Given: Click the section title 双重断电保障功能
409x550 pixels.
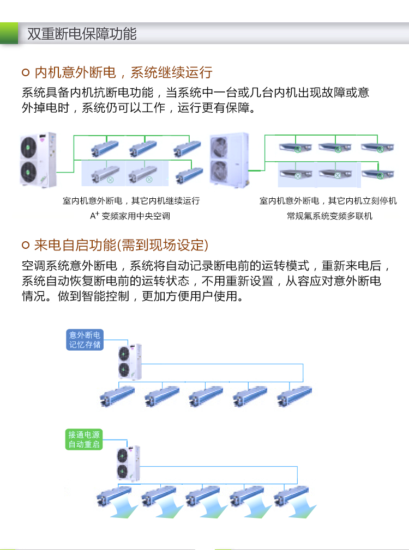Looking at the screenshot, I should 82,34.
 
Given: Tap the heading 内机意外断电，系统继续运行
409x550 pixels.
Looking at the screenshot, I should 123,72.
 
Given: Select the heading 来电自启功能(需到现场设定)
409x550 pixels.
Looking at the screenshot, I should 121,245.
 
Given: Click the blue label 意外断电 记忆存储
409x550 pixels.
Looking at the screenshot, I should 85,339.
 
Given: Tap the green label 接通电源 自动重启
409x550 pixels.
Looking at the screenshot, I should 84,439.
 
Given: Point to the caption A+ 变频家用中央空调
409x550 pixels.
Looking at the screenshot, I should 130,216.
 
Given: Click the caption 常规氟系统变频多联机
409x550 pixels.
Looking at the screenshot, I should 329,216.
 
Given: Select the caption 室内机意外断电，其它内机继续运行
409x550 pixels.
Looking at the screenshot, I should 131,201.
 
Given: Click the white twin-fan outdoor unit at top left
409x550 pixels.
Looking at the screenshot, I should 38,160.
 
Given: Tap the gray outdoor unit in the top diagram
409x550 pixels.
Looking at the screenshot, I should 229,160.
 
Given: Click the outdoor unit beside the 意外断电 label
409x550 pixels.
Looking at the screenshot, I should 130,361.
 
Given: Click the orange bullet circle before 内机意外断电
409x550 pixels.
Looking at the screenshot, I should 25,73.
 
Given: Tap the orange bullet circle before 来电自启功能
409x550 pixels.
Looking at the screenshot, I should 25,246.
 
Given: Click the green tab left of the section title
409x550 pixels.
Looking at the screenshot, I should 9,34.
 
